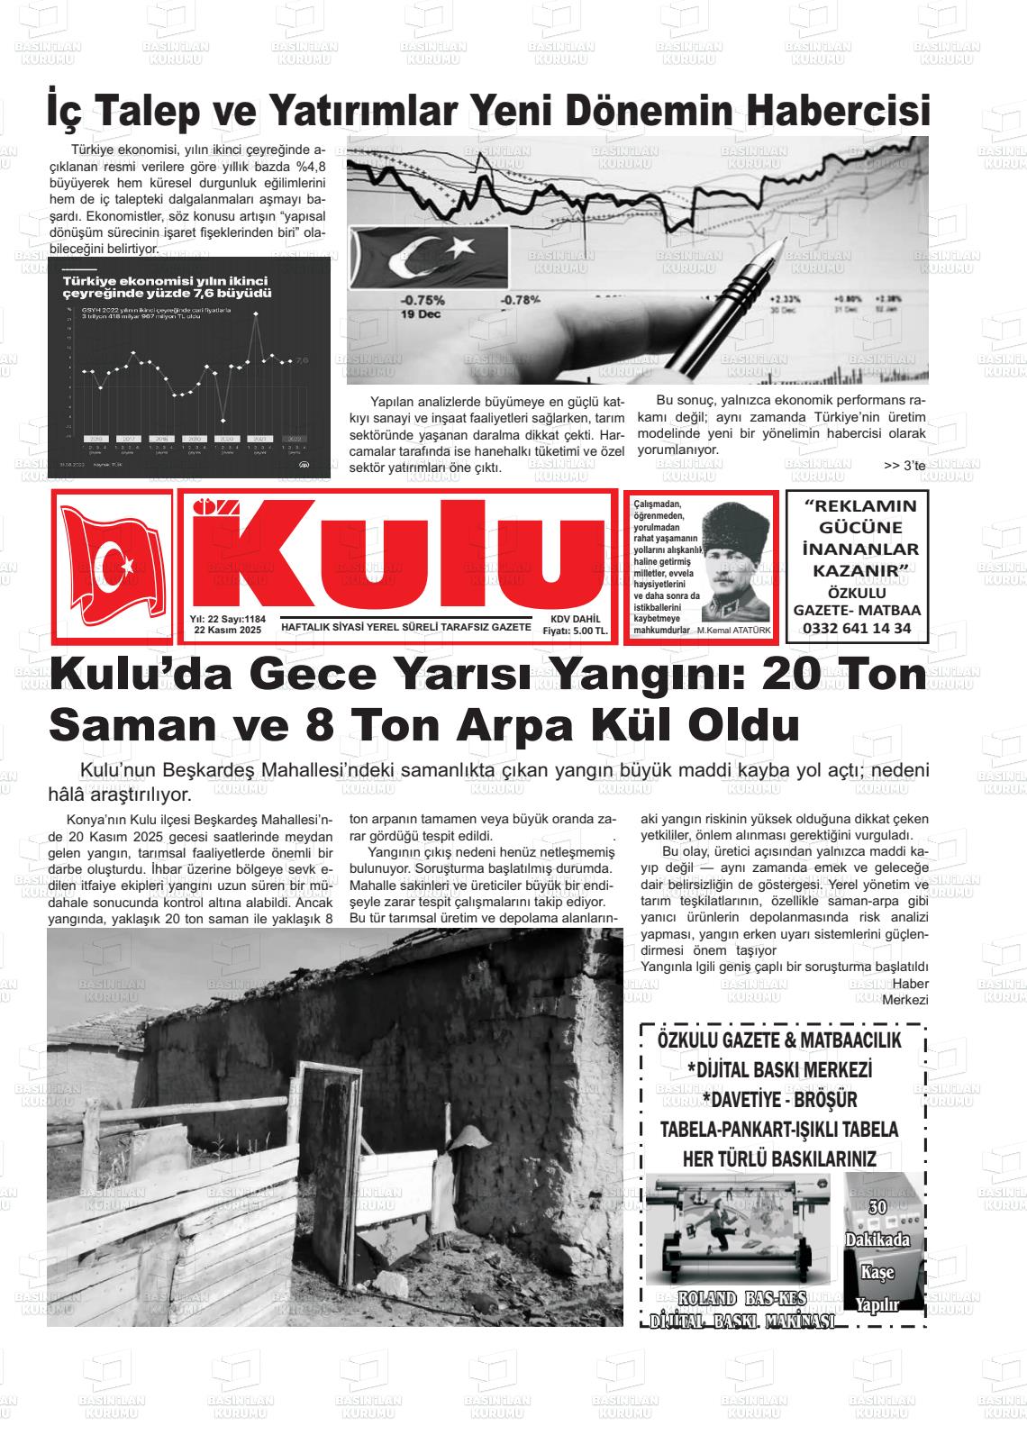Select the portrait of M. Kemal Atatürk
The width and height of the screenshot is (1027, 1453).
(x=734, y=563)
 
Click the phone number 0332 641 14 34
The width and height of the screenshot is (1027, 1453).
(x=856, y=628)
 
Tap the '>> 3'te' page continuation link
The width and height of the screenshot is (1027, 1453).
(x=904, y=466)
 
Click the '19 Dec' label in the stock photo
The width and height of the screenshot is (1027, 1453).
(x=422, y=314)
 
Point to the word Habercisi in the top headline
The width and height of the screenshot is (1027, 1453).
(x=841, y=111)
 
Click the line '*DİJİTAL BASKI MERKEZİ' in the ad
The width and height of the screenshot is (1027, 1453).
(x=780, y=1070)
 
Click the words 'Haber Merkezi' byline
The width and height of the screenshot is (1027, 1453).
(x=902, y=991)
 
